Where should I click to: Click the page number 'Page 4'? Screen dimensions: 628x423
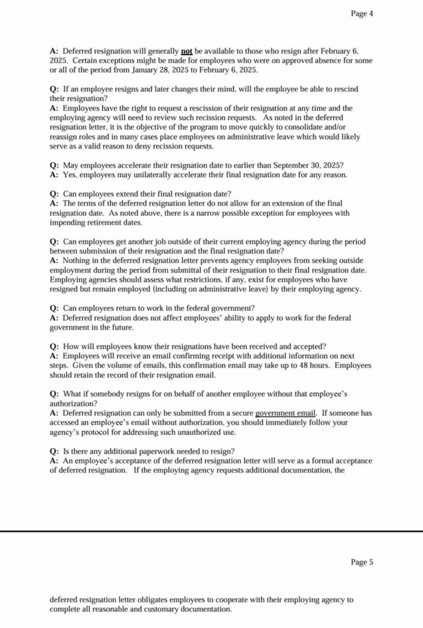[x=362, y=13]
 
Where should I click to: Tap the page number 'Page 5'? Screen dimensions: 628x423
[x=362, y=562]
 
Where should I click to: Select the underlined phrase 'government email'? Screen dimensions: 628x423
[x=285, y=413]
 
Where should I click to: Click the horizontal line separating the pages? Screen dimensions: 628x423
[x=211, y=531]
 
